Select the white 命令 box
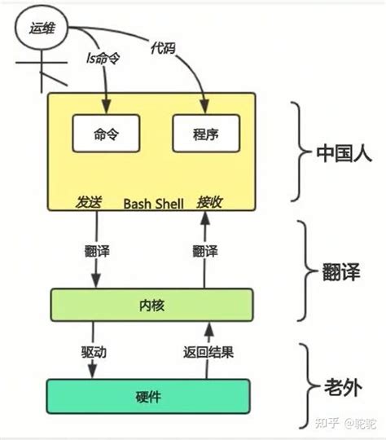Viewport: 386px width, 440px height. point(105,132)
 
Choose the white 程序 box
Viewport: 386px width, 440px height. point(206,132)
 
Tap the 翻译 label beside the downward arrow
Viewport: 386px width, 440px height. point(97,251)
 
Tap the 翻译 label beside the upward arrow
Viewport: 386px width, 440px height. point(206,251)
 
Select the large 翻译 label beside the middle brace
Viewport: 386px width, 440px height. point(343,268)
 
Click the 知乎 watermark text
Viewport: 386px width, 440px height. point(327,424)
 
